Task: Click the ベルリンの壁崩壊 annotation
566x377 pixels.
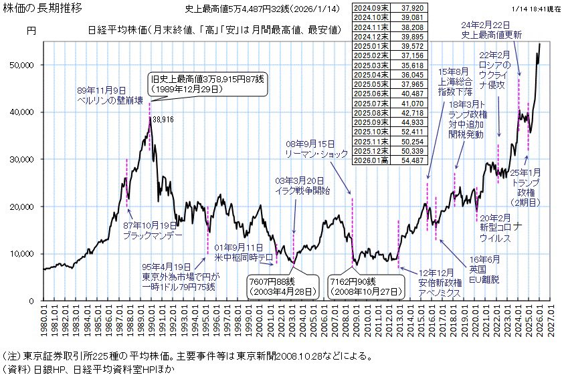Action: point(110,100)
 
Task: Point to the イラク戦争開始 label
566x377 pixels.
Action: point(303,190)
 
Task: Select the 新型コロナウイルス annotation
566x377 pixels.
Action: point(495,233)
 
